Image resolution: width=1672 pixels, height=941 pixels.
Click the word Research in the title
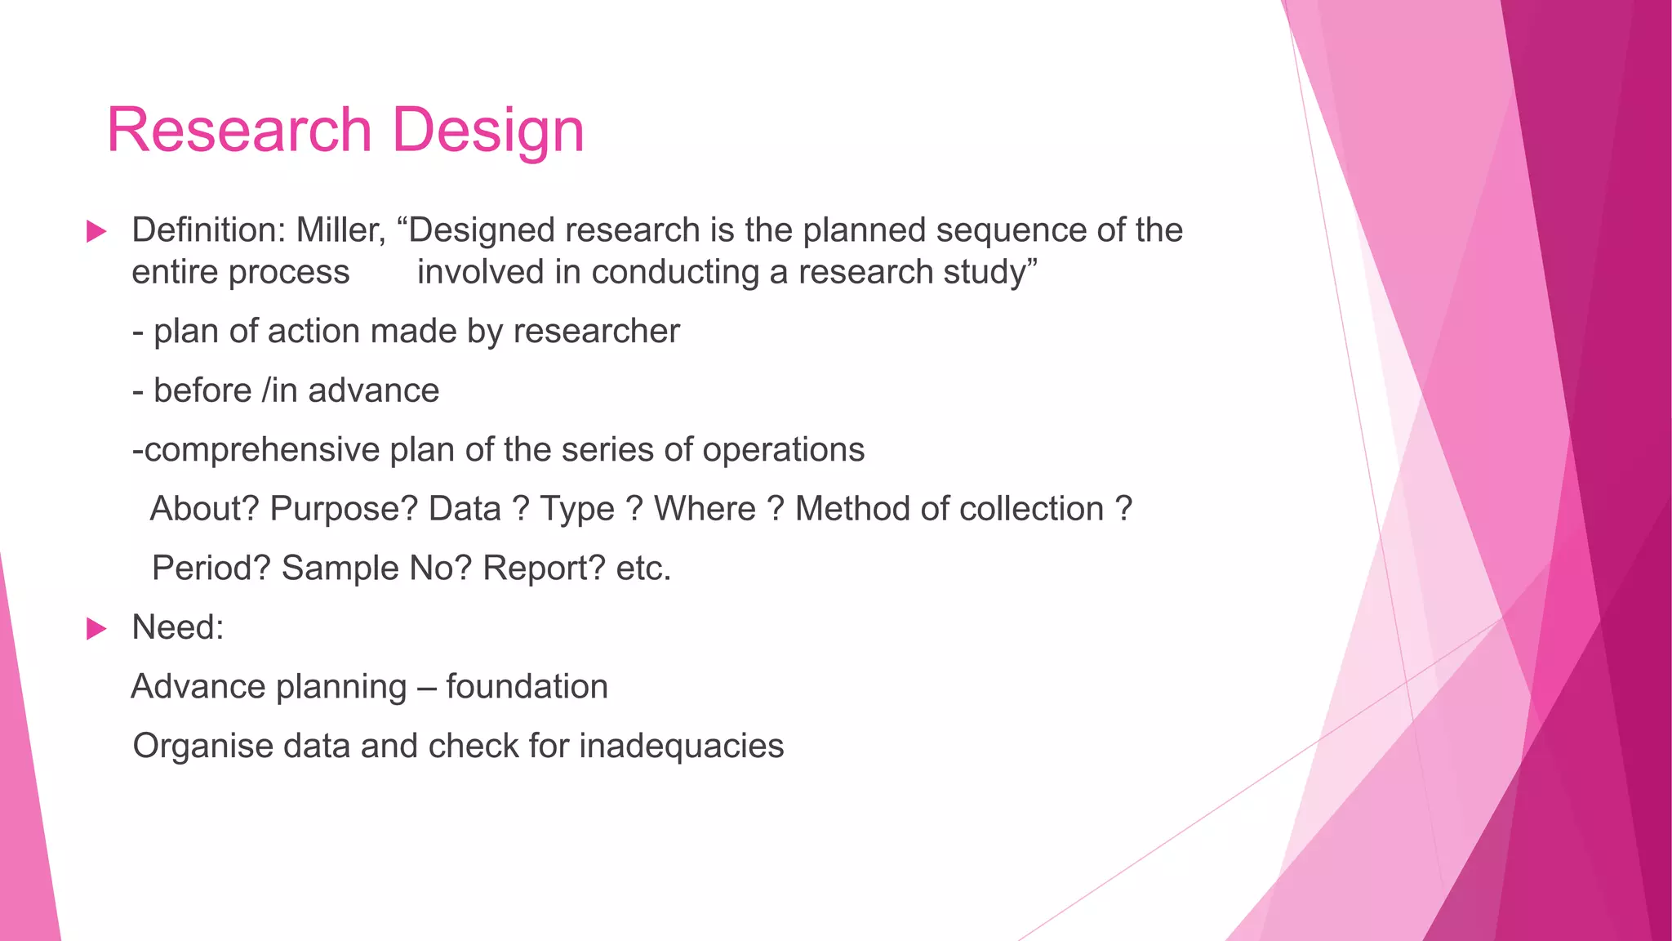click(x=239, y=131)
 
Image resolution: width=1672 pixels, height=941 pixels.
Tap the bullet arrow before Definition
click(x=96, y=231)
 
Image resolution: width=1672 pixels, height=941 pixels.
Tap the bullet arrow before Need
click(x=96, y=629)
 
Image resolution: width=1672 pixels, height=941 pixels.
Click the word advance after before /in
click(x=373, y=391)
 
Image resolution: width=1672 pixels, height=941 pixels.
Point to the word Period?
click(x=211, y=569)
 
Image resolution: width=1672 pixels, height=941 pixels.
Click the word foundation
click(x=527, y=687)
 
